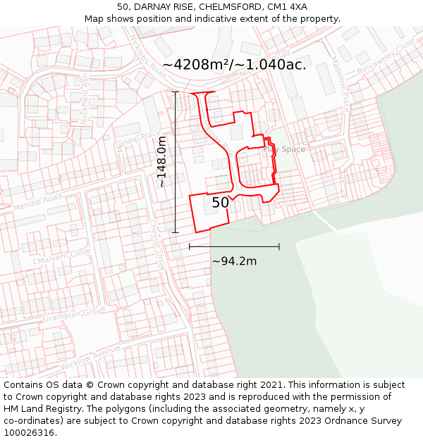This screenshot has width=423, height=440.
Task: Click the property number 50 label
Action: coord(221,203)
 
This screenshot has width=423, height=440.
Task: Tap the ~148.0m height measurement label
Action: coord(161,162)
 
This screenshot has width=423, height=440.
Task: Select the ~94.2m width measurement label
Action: coord(234,261)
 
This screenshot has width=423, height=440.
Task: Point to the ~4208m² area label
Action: coord(234,65)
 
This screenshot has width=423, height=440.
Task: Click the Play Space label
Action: coord(284,149)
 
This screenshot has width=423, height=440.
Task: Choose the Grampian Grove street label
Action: coord(73,315)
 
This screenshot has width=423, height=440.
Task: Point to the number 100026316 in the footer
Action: coord(28,433)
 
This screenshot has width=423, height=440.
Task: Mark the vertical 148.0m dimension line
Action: coord(176,162)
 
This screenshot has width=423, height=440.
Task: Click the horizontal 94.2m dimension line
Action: coord(234,246)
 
